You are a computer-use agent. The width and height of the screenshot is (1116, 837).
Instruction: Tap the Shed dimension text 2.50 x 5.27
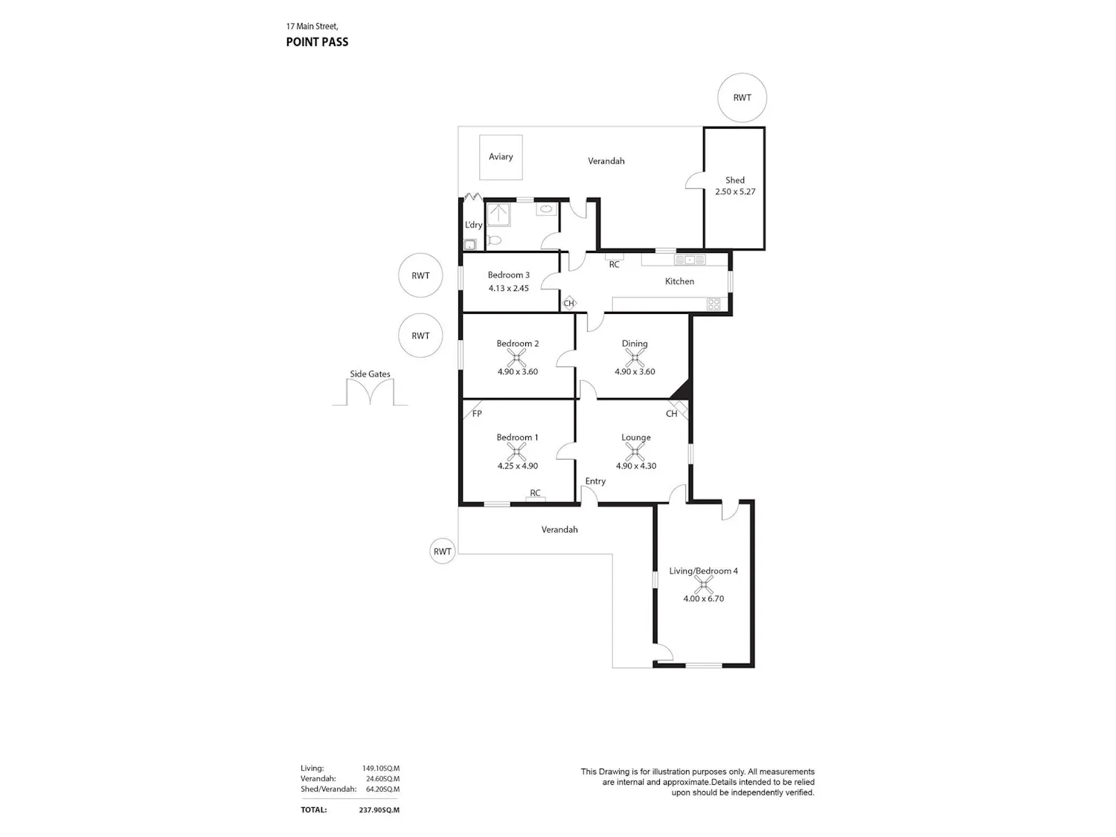[x=734, y=192]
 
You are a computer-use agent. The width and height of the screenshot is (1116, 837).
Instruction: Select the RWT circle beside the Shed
[x=742, y=97]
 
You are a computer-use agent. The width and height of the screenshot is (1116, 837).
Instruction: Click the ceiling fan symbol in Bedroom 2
[x=517, y=358]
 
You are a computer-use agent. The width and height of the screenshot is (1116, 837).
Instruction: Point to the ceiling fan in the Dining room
[x=635, y=358]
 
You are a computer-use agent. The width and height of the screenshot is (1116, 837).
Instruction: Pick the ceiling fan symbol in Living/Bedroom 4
[x=703, y=585]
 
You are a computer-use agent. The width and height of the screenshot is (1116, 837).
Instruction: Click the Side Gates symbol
[x=370, y=391]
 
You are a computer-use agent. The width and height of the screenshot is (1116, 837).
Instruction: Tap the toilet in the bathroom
[x=494, y=240]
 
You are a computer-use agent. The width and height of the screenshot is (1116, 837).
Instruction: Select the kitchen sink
[x=690, y=260]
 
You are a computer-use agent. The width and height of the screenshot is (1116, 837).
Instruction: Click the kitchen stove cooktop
[x=713, y=304]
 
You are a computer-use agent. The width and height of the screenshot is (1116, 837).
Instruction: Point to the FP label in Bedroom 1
[x=476, y=414]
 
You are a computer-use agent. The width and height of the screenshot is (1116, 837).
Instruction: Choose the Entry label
[x=595, y=481]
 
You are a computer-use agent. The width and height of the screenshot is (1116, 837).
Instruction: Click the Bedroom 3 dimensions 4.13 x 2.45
[x=508, y=288]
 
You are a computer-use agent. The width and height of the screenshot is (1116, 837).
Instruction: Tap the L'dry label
[x=473, y=225]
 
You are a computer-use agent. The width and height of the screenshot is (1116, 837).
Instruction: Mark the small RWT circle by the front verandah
[x=443, y=551]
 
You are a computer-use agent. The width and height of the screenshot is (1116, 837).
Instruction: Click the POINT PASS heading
[x=317, y=42]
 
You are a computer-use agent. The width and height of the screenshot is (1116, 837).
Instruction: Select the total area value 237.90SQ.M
[x=379, y=809]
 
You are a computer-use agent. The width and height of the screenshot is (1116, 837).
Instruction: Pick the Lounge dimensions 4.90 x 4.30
[x=635, y=466]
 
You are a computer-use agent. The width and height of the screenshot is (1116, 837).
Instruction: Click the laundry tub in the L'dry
[x=469, y=245]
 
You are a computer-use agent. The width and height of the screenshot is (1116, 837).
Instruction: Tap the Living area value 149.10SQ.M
[x=381, y=769]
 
